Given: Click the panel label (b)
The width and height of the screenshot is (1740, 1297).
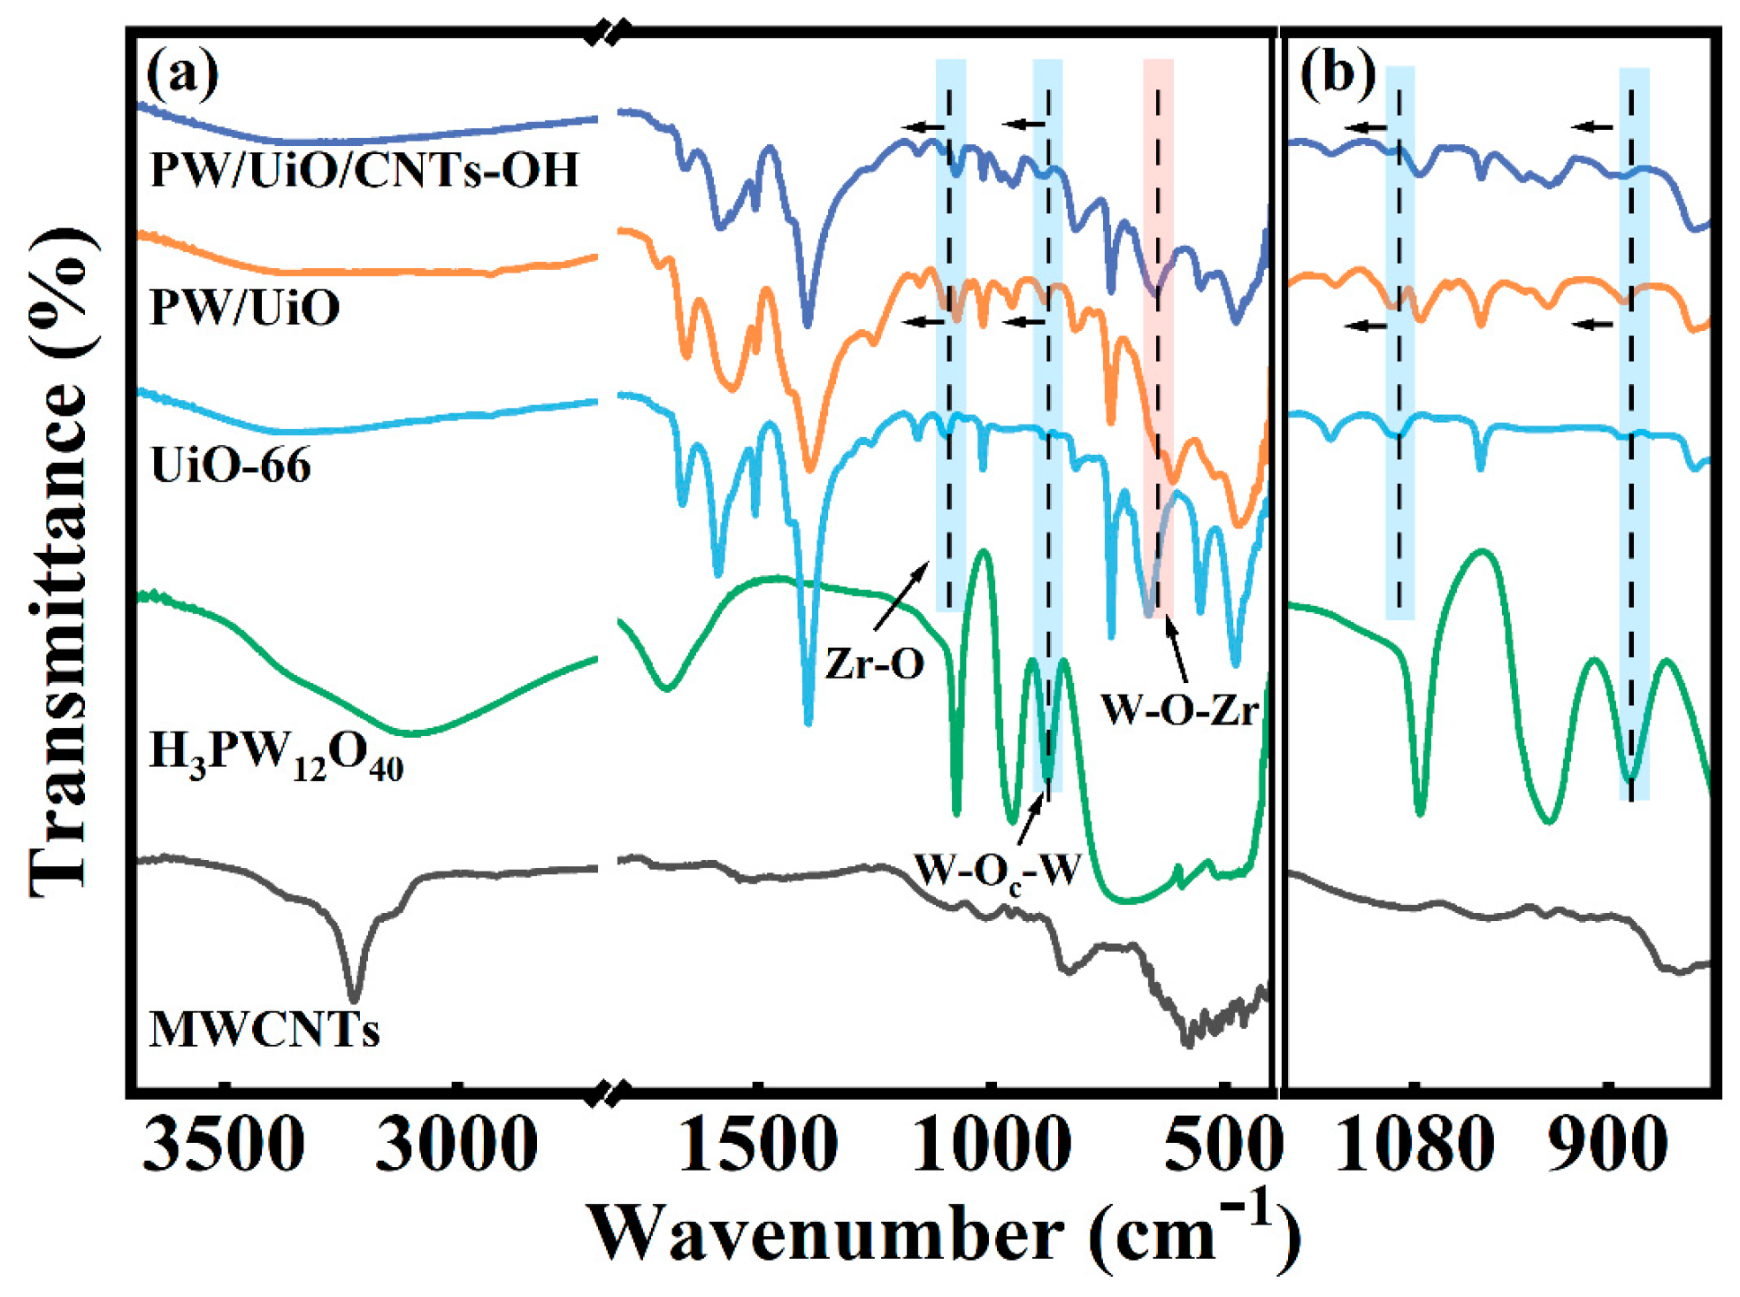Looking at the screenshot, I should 1337,73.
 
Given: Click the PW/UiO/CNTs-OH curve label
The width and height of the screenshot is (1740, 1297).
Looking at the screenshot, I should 364,170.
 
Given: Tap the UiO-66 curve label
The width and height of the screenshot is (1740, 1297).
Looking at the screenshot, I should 231,465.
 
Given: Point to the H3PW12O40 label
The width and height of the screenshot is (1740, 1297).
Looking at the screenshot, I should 276,756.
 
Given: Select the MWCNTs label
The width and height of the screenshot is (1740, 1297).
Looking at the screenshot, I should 264,1030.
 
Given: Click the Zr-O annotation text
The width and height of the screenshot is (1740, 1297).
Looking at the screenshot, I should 874,664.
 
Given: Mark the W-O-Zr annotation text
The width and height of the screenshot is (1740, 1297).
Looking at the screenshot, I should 1179,710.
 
